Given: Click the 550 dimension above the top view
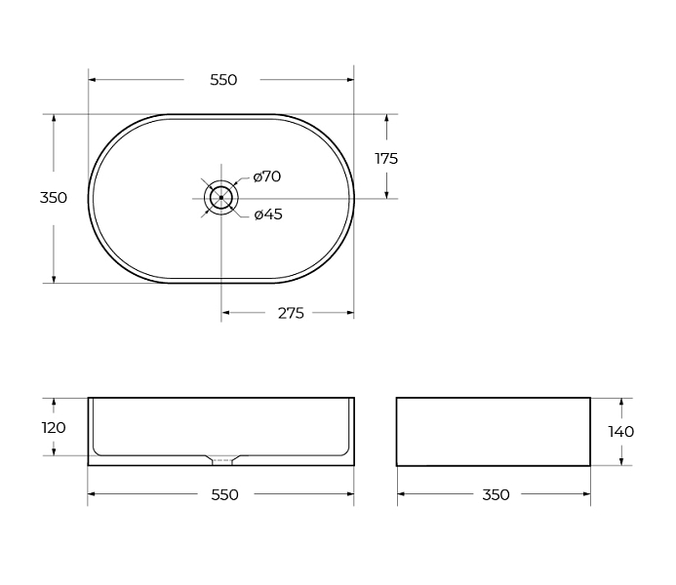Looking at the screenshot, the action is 223,80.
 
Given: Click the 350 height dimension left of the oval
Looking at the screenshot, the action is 54,198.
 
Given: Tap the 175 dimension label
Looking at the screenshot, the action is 386,159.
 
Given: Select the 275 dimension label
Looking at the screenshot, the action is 291,313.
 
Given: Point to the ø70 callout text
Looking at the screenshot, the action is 267,176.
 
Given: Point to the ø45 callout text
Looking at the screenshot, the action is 268,214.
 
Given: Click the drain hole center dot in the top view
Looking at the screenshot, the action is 221,198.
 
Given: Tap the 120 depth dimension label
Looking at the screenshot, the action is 54,428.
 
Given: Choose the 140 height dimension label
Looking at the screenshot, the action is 620,432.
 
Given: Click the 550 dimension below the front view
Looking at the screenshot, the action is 224,494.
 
